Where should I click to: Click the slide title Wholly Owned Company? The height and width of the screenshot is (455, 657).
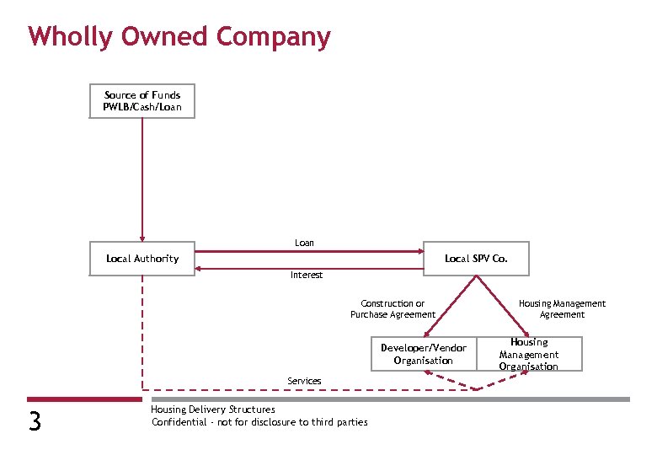(x=179, y=37)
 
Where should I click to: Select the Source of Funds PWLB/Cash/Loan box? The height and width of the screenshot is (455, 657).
(x=142, y=101)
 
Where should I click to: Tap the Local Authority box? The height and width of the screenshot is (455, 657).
(x=142, y=259)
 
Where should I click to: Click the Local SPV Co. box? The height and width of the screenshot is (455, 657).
(x=476, y=259)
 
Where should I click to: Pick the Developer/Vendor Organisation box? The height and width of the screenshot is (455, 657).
(x=423, y=354)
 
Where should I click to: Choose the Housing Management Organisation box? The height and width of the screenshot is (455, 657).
(x=528, y=354)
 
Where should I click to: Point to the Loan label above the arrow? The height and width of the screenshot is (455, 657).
(x=304, y=243)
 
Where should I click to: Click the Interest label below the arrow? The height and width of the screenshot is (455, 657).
(x=307, y=275)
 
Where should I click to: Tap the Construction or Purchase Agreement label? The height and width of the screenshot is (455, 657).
(x=393, y=309)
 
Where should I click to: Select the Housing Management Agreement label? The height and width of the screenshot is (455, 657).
(x=562, y=309)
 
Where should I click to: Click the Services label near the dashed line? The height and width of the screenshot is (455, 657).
(x=304, y=381)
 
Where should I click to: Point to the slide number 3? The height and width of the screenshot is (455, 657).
(x=35, y=420)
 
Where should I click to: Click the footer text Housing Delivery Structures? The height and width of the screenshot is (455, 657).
(x=212, y=409)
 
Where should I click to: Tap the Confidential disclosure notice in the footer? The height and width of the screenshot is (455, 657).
(x=259, y=422)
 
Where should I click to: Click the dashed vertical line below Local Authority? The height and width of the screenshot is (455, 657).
(x=142, y=329)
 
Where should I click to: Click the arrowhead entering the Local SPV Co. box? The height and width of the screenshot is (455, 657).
(x=419, y=251)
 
